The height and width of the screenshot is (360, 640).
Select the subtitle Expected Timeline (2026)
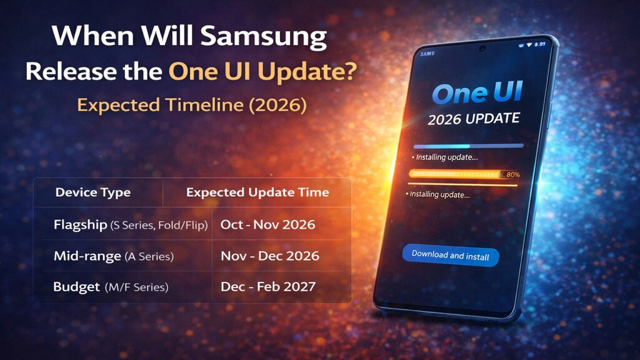(192, 104)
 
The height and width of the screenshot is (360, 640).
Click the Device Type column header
(93, 192)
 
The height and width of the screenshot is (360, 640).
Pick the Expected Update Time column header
(257, 192)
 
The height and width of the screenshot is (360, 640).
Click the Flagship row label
(80, 225)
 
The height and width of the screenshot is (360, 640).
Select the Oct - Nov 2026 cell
(268, 224)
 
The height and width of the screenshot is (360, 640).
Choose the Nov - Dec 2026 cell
(270, 256)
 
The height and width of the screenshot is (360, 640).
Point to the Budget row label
(76, 287)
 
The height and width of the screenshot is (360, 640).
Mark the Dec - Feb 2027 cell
(268, 287)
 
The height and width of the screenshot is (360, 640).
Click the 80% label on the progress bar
(513, 174)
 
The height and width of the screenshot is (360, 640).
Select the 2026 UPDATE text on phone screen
(473, 119)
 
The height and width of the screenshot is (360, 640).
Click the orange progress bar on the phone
(456, 174)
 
